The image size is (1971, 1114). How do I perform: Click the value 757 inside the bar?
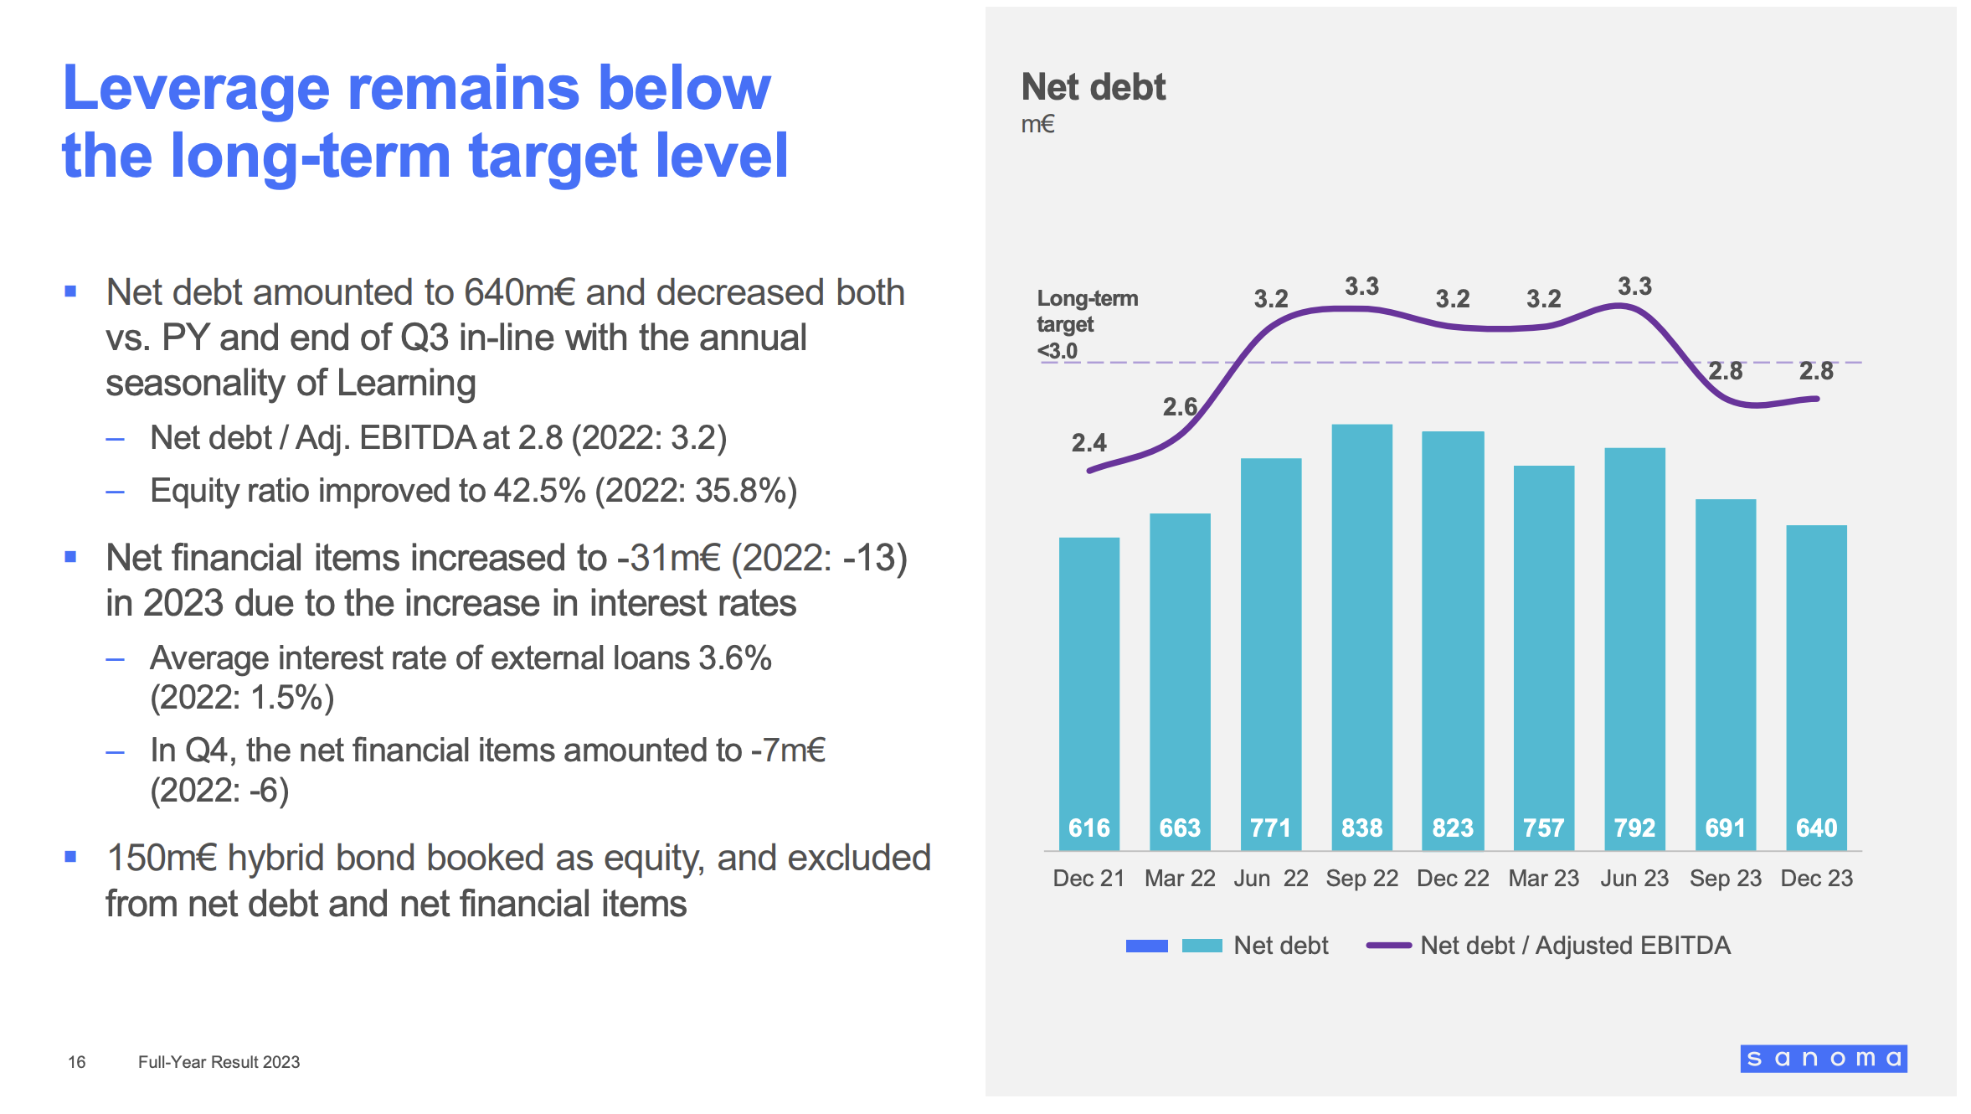[1543, 828]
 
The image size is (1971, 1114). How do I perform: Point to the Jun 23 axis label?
[1634, 879]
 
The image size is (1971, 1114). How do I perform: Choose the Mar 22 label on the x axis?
[1180, 879]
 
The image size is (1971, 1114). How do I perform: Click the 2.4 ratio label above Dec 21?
[1088, 442]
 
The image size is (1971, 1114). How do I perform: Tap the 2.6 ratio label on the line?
[1180, 407]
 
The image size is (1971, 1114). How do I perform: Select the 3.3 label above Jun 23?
[1634, 286]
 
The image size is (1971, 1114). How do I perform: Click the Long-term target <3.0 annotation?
[1086, 324]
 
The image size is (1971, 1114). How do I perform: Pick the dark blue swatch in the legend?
[1146, 946]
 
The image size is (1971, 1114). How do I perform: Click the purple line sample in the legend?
[1388, 946]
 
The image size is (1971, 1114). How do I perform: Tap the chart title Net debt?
[1093, 87]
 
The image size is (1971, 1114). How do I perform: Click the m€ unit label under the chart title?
[1037, 125]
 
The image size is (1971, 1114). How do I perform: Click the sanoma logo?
[1823, 1059]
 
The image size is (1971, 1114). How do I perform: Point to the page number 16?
[76, 1062]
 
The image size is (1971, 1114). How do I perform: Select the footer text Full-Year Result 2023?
[219, 1062]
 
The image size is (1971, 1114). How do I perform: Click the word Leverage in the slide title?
[196, 89]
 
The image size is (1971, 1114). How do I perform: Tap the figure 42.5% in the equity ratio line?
[539, 491]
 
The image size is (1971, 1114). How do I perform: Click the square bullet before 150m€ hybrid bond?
[70, 857]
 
